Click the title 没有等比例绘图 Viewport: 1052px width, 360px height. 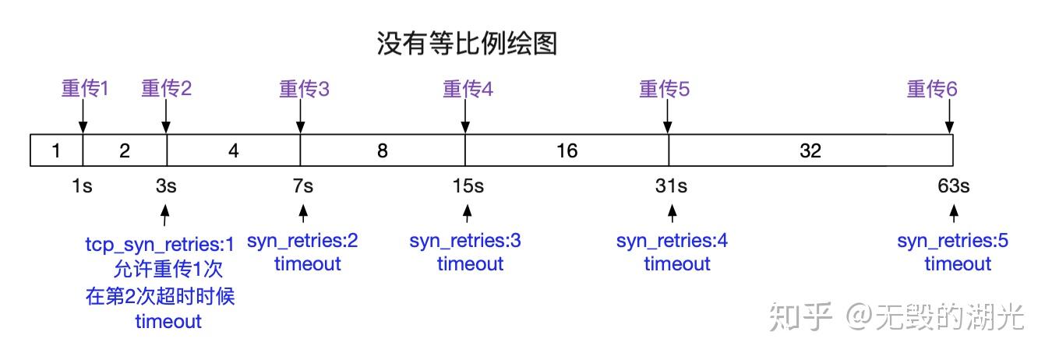click(x=467, y=44)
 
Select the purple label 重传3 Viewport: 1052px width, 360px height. click(x=304, y=89)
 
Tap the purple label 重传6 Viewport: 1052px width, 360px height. click(x=931, y=89)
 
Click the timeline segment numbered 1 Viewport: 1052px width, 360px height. click(x=55, y=150)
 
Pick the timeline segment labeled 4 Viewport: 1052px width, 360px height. click(x=233, y=150)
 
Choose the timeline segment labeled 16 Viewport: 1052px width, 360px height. click(x=567, y=150)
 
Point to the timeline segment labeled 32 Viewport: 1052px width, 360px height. click(x=810, y=150)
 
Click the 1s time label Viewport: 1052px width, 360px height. click(x=81, y=187)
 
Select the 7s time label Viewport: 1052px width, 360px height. click(x=303, y=187)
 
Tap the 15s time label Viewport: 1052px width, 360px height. click(x=468, y=187)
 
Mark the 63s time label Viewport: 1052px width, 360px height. click(x=954, y=187)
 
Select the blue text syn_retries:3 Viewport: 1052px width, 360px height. click(x=465, y=241)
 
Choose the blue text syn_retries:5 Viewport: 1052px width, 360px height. click(x=952, y=241)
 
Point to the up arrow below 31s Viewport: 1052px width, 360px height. click(x=672, y=214)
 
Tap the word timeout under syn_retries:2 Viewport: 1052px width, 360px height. click(x=307, y=264)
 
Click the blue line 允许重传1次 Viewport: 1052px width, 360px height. click(x=168, y=270)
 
